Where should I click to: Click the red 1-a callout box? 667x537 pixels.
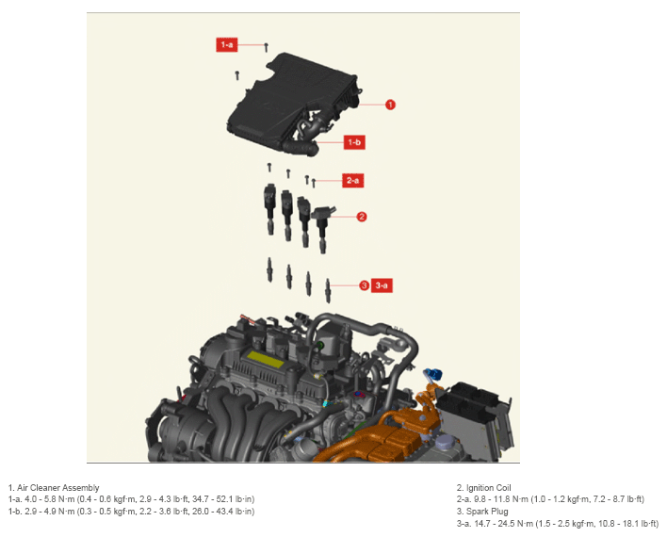[x=227, y=44]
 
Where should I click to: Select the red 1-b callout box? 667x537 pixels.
[x=354, y=142]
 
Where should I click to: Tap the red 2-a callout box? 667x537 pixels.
[x=352, y=181]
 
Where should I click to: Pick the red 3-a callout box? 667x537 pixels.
[x=382, y=285]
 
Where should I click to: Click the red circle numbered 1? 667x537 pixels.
[x=390, y=105]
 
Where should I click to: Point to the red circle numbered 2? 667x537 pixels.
[x=362, y=217]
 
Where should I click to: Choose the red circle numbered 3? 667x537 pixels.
[x=365, y=285]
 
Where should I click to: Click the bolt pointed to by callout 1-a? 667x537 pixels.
[x=267, y=47]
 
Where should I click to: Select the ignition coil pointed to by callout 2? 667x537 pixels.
[x=322, y=228]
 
